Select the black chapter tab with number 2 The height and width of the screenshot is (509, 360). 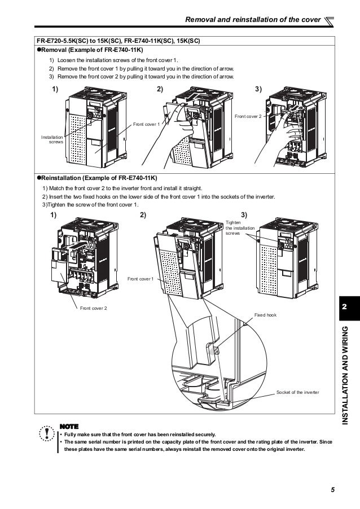[x=344, y=307]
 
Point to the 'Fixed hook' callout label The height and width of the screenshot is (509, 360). [x=264, y=315]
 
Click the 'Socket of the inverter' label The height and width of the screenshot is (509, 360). [x=297, y=392]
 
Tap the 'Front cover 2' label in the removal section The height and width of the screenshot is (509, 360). [x=248, y=116]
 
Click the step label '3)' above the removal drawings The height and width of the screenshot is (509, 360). [x=259, y=90]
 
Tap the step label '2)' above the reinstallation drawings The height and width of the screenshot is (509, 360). [x=143, y=215]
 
